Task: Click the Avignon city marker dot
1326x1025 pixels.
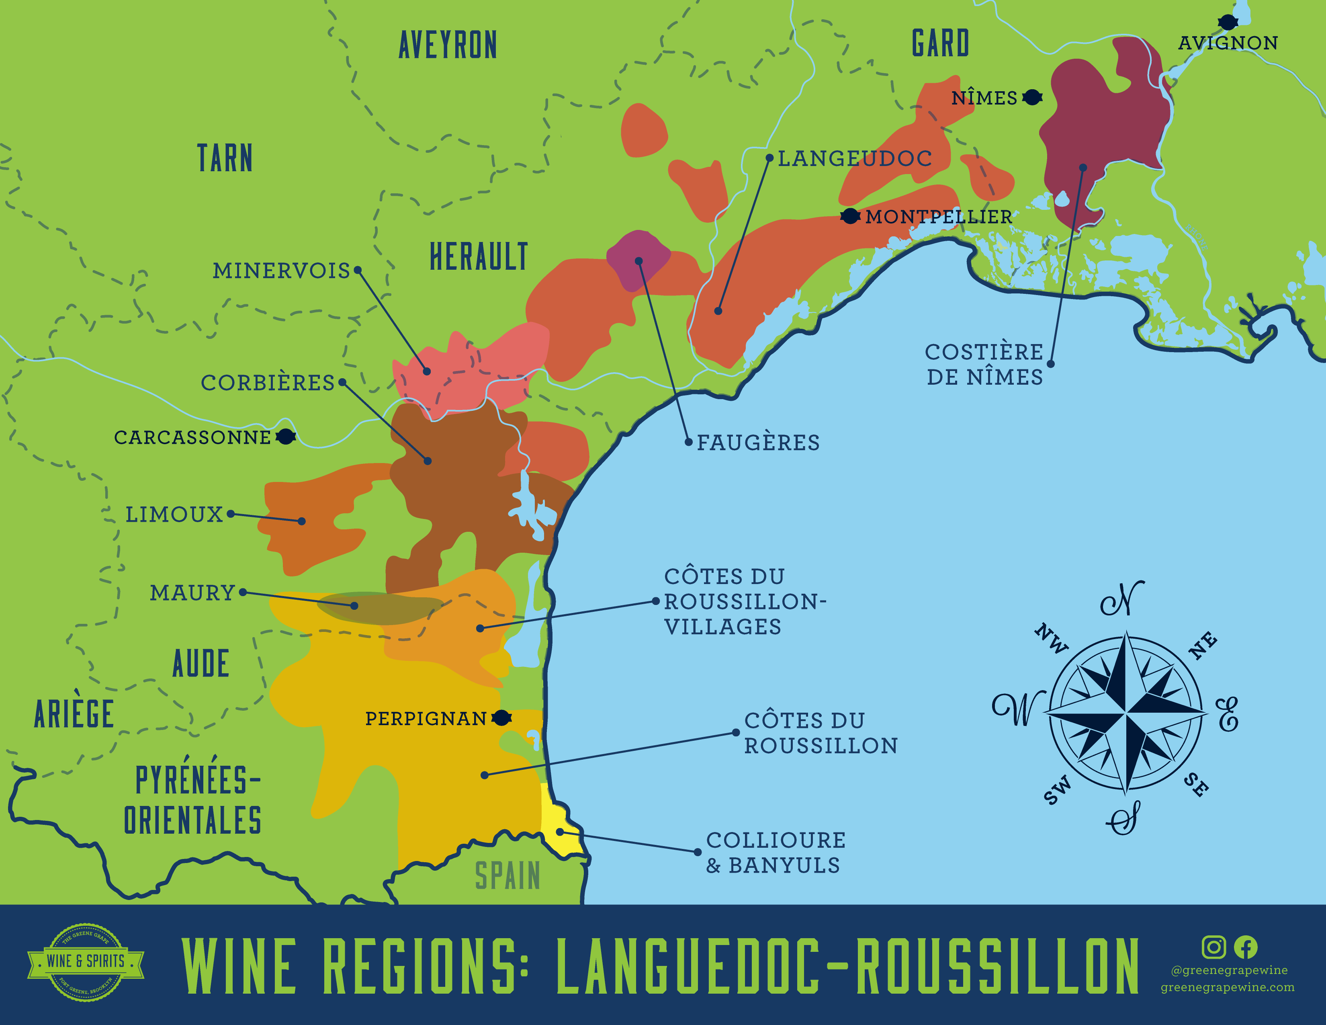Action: (1228, 23)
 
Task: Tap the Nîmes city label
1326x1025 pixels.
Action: (984, 98)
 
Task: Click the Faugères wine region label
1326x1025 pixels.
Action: (758, 443)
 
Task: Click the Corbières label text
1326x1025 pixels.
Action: (268, 383)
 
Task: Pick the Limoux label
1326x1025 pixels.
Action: (174, 515)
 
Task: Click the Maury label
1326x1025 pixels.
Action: (192, 592)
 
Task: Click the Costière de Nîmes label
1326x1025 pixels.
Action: (984, 364)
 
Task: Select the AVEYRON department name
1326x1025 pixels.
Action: (448, 45)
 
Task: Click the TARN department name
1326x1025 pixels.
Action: (225, 158)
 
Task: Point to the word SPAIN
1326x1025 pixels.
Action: (507, 876)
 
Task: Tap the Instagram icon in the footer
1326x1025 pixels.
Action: (1213, 947)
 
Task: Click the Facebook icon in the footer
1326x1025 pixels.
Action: (1245, 947)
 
